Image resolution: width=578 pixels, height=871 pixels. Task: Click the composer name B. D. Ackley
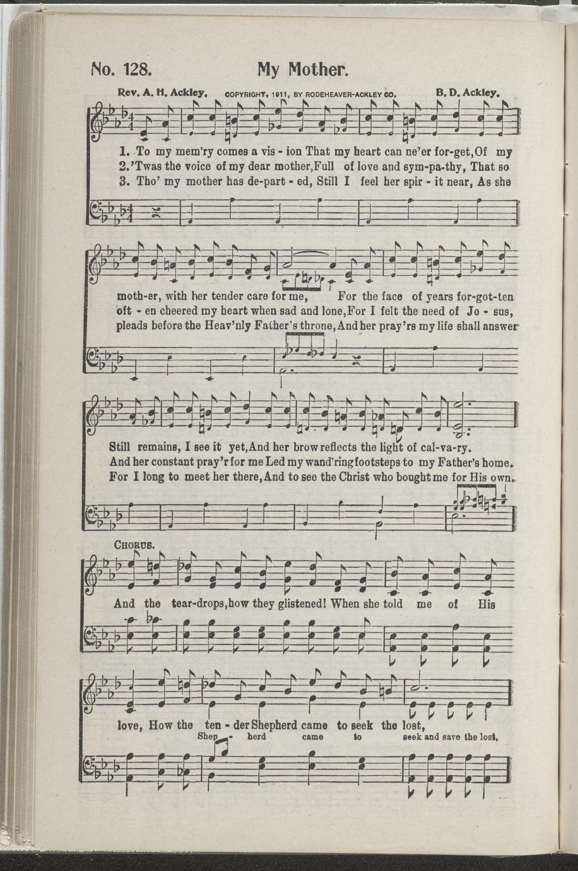(468, 93)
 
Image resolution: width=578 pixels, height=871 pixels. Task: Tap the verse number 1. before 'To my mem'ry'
(123, 151)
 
